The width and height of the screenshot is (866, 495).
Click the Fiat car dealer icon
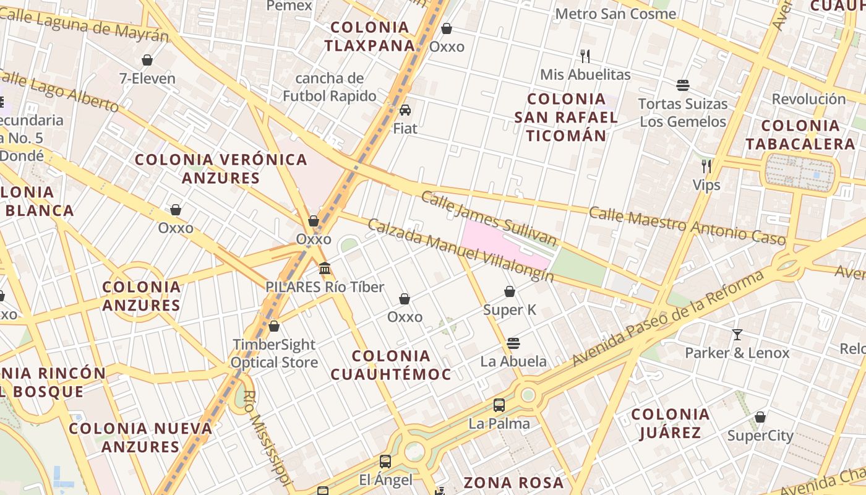click(x=405, y=111)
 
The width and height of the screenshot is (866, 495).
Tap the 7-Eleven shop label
click(x=147, y=79)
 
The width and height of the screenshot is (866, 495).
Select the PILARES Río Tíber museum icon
click(x=325, y=269)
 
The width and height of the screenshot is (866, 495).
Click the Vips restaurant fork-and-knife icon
click(x=706, y=166)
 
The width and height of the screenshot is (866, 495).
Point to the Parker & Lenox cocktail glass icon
click(x=737, y=335)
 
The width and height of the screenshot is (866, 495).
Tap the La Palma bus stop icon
click(x=499, y=406)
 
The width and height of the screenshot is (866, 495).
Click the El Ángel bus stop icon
click(x=385, y=462)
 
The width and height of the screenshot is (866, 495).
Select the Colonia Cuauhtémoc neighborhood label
click(x=390, y=364)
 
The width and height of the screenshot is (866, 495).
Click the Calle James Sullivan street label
click(x=489, y=218)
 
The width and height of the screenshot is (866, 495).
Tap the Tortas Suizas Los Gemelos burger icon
click(x=683, y=85)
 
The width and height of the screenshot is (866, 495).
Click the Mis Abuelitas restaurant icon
click(x=585, y=56)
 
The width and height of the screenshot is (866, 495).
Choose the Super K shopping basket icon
click(x=510, y=291)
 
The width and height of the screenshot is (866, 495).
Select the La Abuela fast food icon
click(x=513, y=343)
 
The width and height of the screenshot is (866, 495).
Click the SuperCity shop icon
click(x=760, y=418)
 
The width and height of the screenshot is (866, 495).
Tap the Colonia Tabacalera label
click(x=800, y=135)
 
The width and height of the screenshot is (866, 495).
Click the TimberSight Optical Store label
click(x=274, y=353)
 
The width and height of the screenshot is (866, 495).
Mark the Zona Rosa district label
click(x=513, y=483)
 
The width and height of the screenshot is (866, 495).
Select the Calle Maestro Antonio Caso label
click(x=687, y=225)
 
